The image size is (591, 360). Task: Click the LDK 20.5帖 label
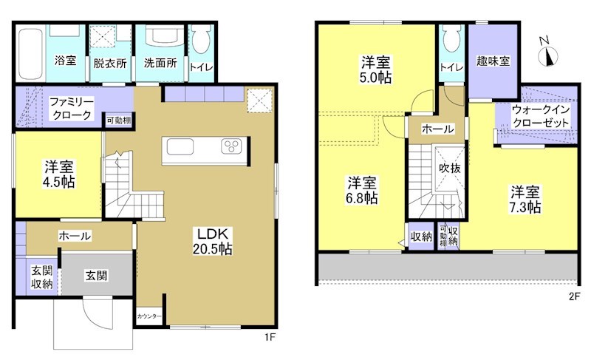pyautogui.click(x=215, y=242)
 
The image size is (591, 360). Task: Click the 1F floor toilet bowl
pyautogui.click(x=199, y=44)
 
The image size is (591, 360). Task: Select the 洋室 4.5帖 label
pyautogui.click(x=57, y=173)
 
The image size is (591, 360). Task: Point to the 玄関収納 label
pyautogui.click(x=41, y=276)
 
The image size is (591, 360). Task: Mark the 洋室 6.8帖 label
pyautogui.click(x=363, y=189)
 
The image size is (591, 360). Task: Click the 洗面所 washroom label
pyautogui.click(x=160, y=63)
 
